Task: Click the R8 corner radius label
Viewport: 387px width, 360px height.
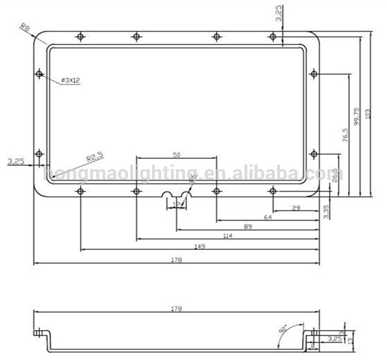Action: pos(25,28)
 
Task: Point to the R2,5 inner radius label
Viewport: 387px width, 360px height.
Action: pos(94,156)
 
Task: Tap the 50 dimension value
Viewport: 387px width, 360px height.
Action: pos(176,155)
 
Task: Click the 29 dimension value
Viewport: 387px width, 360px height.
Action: pos(295,208)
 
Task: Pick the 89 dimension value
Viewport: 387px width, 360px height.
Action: pos(248,227)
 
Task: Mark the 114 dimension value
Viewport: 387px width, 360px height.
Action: pos(227,237)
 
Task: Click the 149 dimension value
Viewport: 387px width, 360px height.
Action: pos(199,246)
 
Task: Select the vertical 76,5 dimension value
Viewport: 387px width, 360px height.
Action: pos(345,135)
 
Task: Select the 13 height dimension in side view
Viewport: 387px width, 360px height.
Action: pos(350,337)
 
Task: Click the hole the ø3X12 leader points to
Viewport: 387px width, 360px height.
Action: pos(39,74)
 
